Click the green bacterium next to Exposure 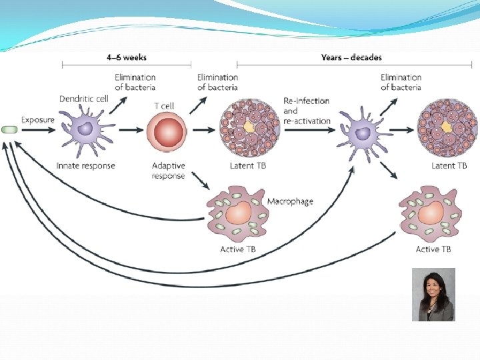(x=9, y=129)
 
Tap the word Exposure (x=38, y=120)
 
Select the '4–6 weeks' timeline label (x=126, y=57)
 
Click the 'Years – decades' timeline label (x=351, y=57)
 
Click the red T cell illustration (x=164, y=131)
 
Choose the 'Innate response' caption (x=86, y=165)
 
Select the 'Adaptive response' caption (x=168, y=171)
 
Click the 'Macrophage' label (x=290, y=201)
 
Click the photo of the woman (x=433, y=294)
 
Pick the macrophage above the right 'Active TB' (x=429, y=215)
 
